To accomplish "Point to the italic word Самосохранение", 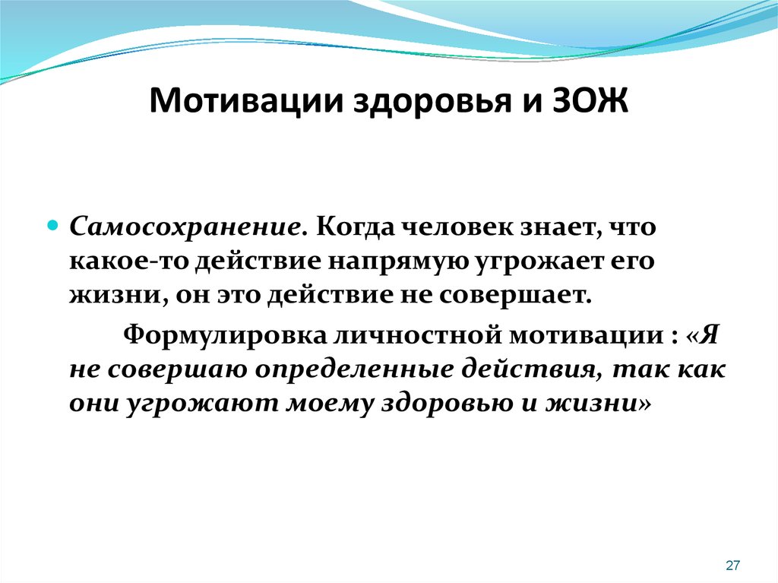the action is (186, 227).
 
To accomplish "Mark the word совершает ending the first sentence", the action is (514, 296).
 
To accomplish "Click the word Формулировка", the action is (225, 336).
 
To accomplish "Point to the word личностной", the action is (418, 336).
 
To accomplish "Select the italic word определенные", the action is (354, 370).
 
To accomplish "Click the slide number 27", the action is (733, 565).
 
